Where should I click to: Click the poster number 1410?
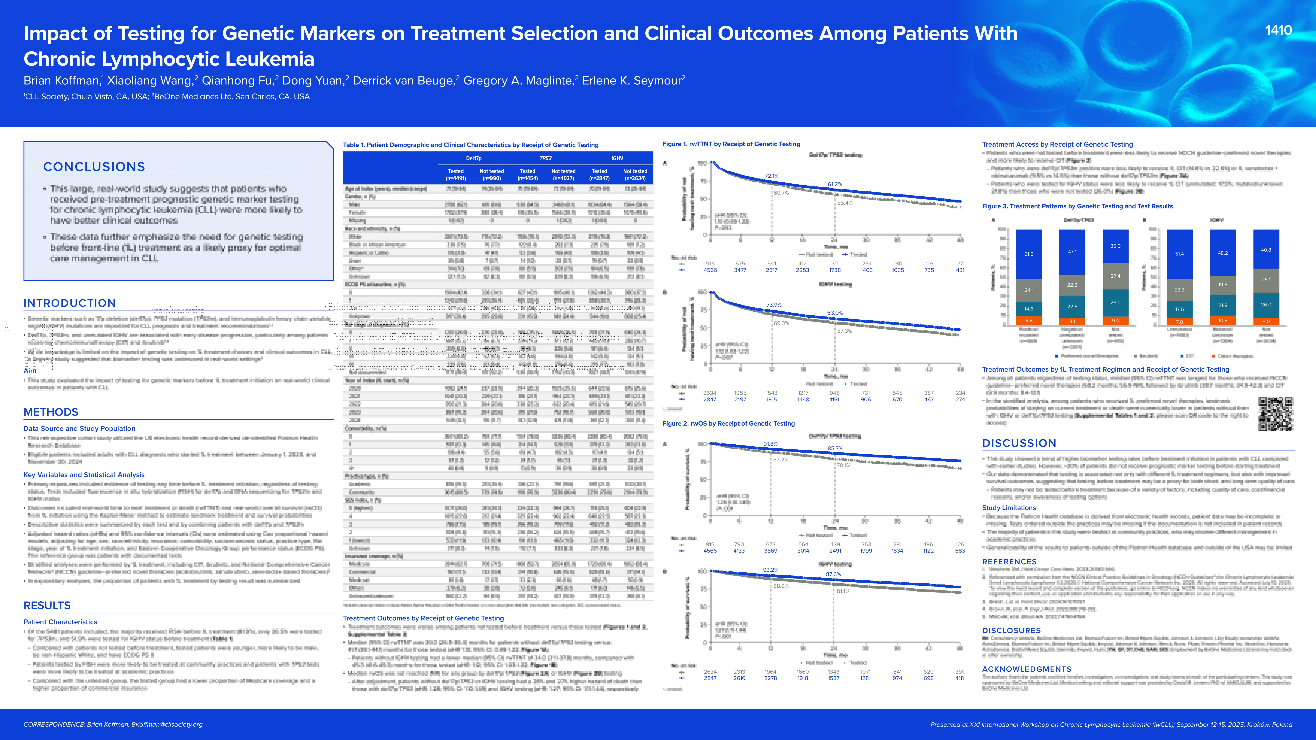click(x=1278, y=31)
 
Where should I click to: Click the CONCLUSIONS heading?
click(x=94, y=167)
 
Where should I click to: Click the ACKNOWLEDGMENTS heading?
click(x=1026, y=669)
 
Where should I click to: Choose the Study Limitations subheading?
click(x=1009, y=508)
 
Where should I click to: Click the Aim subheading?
click(x=30, y=371)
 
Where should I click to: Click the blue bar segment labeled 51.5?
click(x=1028, y=254)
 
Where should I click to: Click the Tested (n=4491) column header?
click(x=456, y=175)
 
